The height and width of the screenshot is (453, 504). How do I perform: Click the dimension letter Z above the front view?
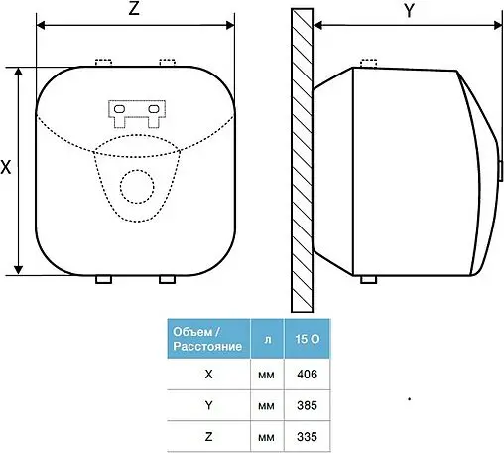point(134,8)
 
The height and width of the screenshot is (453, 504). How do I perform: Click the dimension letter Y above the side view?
point(410,11)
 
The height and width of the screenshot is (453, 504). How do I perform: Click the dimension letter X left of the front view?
point(6,167)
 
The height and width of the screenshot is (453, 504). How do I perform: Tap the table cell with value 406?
point(308,375)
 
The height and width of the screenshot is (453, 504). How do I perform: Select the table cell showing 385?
point(308,405)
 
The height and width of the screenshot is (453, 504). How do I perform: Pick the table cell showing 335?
point(308,436)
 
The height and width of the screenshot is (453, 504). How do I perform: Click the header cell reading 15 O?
point(308,339)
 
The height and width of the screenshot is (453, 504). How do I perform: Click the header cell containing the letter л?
point(267,339)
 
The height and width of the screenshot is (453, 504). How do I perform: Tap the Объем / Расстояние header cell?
point(208,339)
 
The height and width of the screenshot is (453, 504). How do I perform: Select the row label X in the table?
point(208,375)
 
